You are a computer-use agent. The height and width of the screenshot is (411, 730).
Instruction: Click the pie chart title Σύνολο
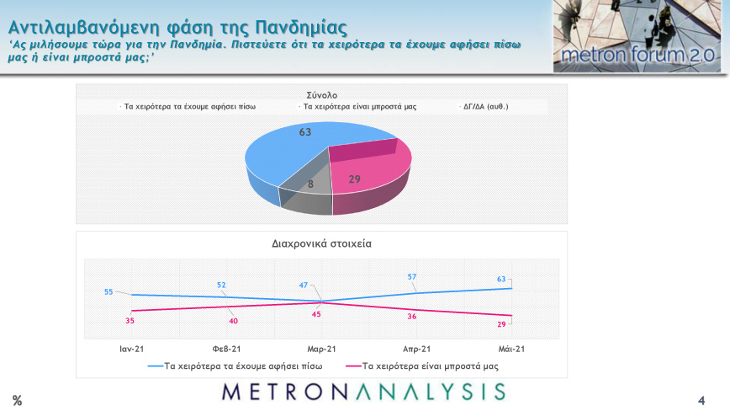click(x=321, y=95)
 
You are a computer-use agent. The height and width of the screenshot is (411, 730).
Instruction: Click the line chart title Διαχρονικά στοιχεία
click(x=321, y=243)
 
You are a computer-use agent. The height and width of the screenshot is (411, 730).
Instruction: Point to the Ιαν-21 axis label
click(x=133, y=349)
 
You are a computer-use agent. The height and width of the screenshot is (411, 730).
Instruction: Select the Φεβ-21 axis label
click(x=227, y=349)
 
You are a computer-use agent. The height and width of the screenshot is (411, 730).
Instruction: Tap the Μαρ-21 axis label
click(x=322, y=349)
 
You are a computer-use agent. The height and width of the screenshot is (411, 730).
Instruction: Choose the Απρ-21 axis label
click(x=416, y=349)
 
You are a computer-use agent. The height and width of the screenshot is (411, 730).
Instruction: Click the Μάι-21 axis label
click(x=511, y=349)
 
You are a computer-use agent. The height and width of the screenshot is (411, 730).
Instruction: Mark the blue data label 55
click(x=108, y=291)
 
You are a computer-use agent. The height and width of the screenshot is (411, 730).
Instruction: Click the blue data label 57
click(x=412, y=276)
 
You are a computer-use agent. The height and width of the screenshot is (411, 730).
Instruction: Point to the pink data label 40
click(x=233, y=321)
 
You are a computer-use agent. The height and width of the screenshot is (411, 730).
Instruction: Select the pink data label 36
click(x=412, y=317)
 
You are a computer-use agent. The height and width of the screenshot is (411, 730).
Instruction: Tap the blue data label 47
click(x=304, y=285)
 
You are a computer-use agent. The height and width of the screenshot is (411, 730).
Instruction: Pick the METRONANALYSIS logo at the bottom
click(x=363, y=391)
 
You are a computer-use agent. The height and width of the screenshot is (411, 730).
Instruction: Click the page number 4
click(x=701, y=399)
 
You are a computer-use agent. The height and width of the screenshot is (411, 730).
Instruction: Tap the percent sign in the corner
click(x=17, y=400)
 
